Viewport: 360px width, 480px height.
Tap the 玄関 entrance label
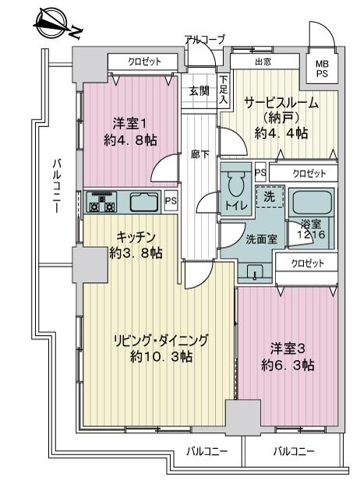tap(199, 91)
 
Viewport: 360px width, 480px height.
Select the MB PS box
tap(322, 69)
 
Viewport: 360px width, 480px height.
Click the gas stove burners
tap(101, 202)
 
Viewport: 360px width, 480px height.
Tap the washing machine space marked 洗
tap(270, 196)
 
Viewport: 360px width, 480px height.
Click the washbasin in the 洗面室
tap(255, 271)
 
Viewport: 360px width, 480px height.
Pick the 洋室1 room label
tap(130, 132)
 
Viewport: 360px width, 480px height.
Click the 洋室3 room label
tap(288, 357)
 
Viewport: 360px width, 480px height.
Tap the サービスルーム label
tap(281, 104)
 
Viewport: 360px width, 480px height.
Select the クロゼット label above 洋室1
tap(144, 62)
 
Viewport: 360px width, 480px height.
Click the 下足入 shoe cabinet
tap(224, 90)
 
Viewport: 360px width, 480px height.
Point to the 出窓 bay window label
tap(263, 62)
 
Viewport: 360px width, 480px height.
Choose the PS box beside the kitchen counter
tap(171, 200)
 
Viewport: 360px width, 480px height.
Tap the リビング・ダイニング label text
tap(161, 341)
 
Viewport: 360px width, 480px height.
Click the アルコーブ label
tap(205, 39)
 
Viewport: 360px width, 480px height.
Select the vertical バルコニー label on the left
tap(57, 186)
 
